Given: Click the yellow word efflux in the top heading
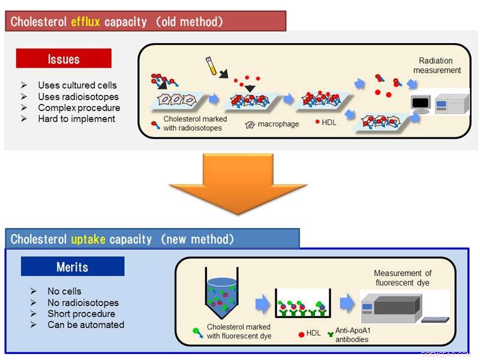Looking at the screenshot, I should [x=85, y=22].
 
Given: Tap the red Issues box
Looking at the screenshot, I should [x=64, y=59].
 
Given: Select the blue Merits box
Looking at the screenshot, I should [x=73, y=267].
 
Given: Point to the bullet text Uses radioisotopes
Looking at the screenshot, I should [x=78, y=97].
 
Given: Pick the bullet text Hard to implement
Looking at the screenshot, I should [x=76, y=119].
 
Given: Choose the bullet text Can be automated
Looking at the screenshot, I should [x=86, y=325].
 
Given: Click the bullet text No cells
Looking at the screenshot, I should [x=64, y=292].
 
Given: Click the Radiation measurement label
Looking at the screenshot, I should [x=437, y=65].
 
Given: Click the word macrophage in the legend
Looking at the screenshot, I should [x=278, y=124].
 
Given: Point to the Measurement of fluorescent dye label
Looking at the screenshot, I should [x=403, y=278].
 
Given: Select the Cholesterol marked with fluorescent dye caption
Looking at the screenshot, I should [x=239, y=331].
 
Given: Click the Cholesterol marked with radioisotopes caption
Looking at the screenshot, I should [x=195, y=124].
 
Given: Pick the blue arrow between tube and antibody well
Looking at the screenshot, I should [x=263, y=305].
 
